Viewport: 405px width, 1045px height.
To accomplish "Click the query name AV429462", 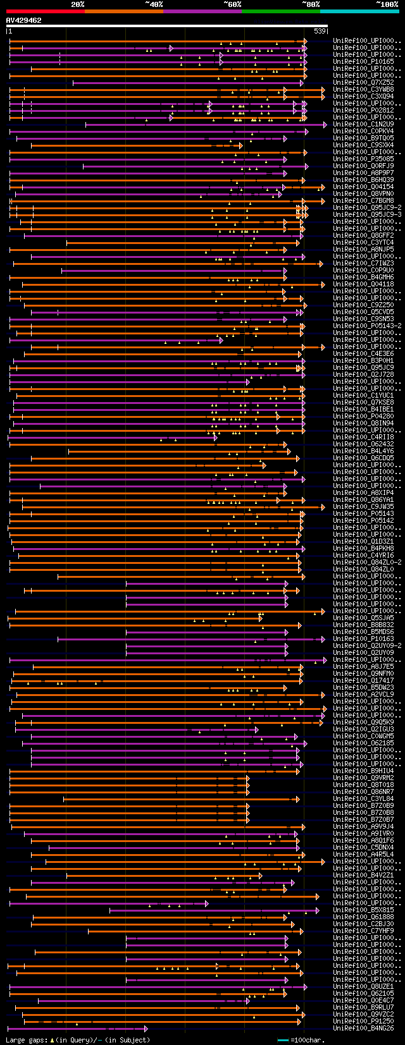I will tap(24, 21).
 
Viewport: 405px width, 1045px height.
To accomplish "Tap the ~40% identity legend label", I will tap(154, 4).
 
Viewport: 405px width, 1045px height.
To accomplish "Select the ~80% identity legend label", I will tap(311, 4).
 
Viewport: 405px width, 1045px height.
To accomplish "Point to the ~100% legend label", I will tap(387, 4).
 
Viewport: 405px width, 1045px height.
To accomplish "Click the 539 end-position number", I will tap(320, 31).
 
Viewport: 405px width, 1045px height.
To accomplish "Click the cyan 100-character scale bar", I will tap(283, 1040).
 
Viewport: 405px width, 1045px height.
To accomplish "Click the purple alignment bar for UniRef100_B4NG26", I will tap(76, 1029).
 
